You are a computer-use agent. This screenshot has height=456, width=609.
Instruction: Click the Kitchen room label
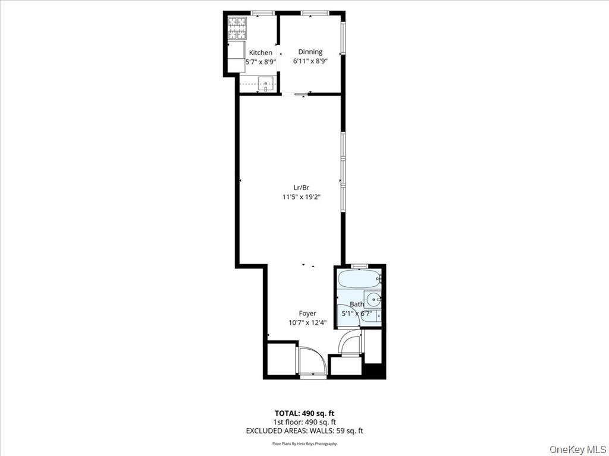point(260,53)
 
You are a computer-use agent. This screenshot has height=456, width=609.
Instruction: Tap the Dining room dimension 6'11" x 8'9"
point(310,61)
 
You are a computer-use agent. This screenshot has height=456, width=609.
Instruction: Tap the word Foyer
point(307,313)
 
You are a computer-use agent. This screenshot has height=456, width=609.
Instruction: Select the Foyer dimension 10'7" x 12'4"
point(307,323)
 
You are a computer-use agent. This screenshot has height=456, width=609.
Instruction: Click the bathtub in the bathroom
point(359,278)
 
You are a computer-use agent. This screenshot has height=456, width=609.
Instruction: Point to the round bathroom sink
point(373,299)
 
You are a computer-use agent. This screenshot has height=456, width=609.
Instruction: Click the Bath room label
point(357,305)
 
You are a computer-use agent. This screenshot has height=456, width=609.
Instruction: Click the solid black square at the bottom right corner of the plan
point(375,370)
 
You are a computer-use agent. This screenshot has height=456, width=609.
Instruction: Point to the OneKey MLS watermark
point(578,448)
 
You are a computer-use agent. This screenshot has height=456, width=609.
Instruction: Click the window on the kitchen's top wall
point(262,13)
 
